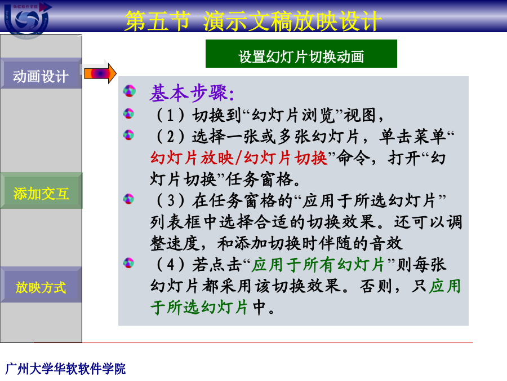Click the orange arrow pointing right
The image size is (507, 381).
point(100,73)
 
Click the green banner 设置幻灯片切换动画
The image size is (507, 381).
point(301,54)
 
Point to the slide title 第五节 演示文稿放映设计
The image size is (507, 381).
point(253,21)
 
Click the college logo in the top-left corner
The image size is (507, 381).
point(27,19)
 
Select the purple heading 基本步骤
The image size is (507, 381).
point(192,93)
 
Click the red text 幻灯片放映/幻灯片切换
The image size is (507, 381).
point(239,159)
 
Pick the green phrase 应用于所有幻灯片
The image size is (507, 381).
point(318,264)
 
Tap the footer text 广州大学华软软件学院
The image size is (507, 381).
point(66,369)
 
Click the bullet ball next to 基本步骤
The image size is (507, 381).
point(130,91)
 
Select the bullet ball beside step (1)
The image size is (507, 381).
point(128,113)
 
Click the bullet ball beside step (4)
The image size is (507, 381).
point(128,262)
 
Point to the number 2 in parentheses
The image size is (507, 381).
point(170,137)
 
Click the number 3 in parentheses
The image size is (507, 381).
point(171,200)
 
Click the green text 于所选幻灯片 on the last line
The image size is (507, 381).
point(199,307)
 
